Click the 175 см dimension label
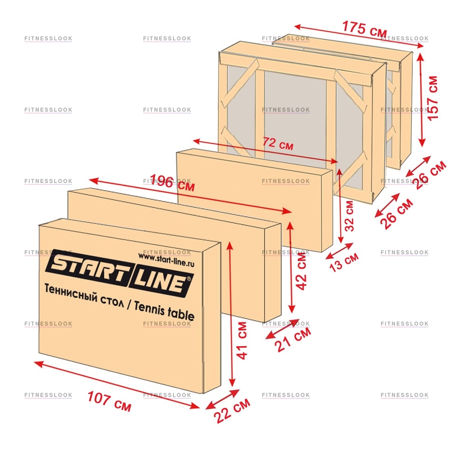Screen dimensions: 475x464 point(364,29)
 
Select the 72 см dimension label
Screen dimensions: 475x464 point(278,143)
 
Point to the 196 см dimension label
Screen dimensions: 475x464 point(172,183)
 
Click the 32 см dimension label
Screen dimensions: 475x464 point(349,216)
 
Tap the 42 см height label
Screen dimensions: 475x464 point(301,271)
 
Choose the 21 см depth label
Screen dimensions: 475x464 point(293,339)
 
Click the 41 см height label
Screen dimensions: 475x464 point(242,340)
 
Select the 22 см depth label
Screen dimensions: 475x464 point(232,410)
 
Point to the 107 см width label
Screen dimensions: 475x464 point(109,401)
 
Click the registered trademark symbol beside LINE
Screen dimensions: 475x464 point(190,279)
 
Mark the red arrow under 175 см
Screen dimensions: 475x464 point(359,36)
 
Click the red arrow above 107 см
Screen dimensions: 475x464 point(117,385)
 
